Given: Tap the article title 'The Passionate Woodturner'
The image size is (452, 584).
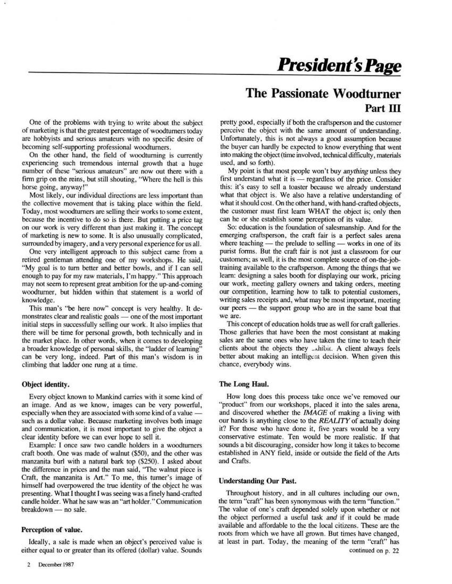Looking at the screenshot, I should pos(323,93).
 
